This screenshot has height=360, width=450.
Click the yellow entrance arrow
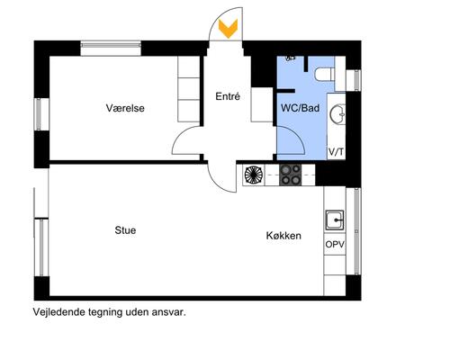(x=229, y=29)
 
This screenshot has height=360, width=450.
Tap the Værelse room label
(x=125, y=108)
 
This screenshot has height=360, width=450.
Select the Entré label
(x=228, y=96)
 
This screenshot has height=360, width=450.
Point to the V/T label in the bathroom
(x=336, y=152)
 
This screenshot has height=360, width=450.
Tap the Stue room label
(x=125, y=229)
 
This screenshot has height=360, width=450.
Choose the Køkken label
(x=283, y=236)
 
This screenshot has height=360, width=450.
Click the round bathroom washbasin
(x=339, y=114)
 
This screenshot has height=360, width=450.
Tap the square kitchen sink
(x=336, y=217)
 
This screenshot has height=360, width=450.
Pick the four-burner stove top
(x=291, y=175)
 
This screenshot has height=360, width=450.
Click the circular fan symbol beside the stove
(x=253, y=175)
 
